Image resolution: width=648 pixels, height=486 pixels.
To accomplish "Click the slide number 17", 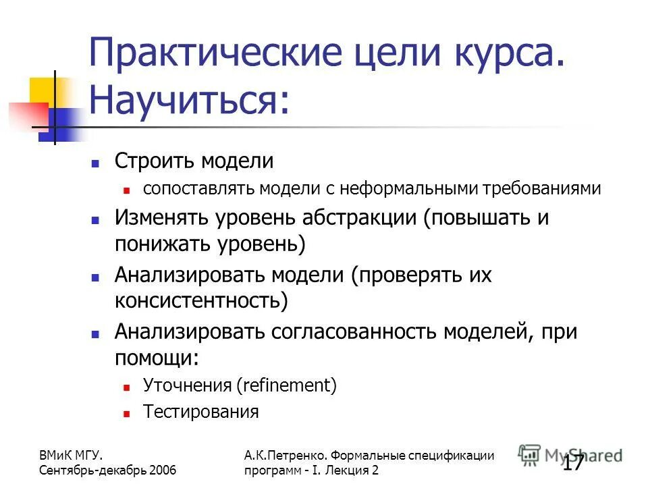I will (573, 463).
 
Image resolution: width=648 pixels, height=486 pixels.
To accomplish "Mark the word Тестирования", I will (201, 411).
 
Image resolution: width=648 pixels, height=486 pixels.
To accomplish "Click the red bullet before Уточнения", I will (126, 387).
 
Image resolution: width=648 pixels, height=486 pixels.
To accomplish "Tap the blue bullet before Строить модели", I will (96, 163).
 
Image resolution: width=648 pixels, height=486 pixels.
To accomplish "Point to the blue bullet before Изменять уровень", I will (96, 219).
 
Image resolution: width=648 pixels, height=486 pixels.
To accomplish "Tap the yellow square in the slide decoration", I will (42, 90).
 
